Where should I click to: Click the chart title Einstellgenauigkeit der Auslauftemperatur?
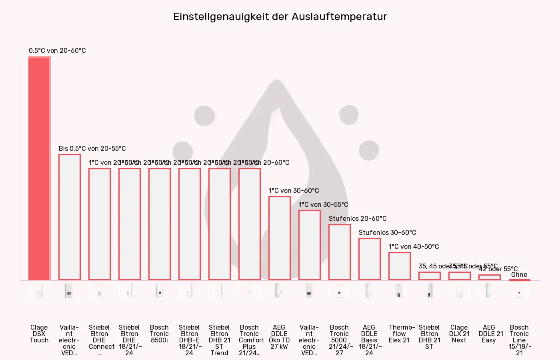pyautogui.click(x=280, y=17)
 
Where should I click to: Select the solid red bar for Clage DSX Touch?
pyautogui.click(x=39, y=168)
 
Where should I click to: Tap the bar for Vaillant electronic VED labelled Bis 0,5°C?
pyautogui.click(x=69, y=217)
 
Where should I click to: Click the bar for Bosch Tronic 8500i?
pyautogui.click(x=159, y=224)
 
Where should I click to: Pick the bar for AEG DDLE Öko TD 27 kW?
pyautogui.click(x=279, y=238)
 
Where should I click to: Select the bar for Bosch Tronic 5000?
pyautogui.click(x=339, y=252)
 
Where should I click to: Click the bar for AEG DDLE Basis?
pyautogui.click(x=369, y=259)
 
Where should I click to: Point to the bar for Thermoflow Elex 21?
pyautogui.click(x=399, y=266)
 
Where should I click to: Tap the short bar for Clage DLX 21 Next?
pyautogui.click(x=459, y=276)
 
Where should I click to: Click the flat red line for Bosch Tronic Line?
pyautogui.click(x=519, y=280)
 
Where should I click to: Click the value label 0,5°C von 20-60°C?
pyautogui.click(x=57, y=50)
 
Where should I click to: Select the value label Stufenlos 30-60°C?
pyautogui.click(x=387, y=232)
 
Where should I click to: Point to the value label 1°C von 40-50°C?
pyautogui.click(x=414, y=246)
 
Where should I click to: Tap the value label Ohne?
pyautogui.click(x=519, y=274)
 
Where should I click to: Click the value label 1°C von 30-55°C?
pyautogui.click(x=323, y=204)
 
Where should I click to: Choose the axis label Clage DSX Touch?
pyautogui.click(x=39, y=334)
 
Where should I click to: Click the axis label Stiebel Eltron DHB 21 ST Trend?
pyautogui.click(x=219, y=340)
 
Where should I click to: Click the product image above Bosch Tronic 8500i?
pyautogui.click(x=159, y=291)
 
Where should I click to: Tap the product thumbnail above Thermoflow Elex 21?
pyautogui.click(x=399, y=291)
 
